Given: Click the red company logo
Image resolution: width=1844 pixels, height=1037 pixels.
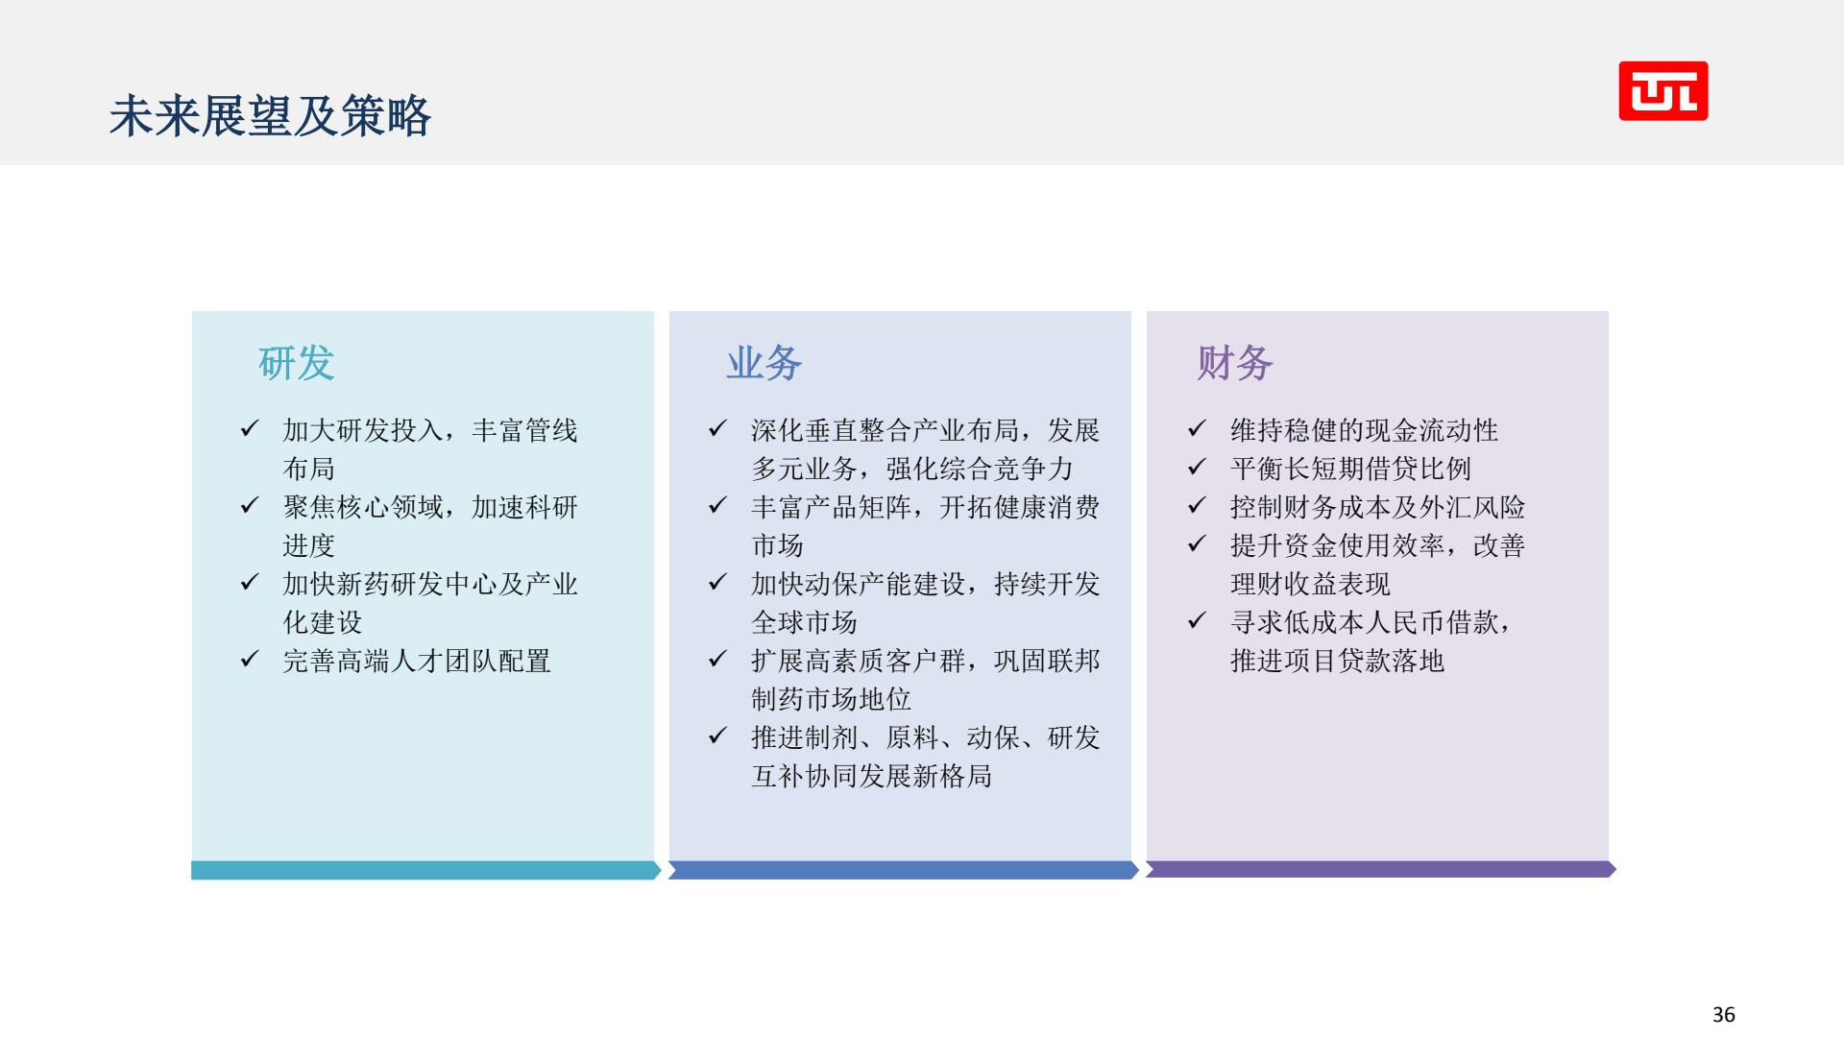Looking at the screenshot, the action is click(x=1663, y=91).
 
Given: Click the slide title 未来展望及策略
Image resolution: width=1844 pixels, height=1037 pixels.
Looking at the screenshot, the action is click(x=270, y=116).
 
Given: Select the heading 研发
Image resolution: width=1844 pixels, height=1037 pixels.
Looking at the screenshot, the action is click(x=296, y=363).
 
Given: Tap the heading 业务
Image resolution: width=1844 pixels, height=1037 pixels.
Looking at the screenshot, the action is click(x=764, y=363).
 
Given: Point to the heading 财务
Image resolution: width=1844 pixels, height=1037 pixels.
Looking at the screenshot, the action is click(x=1234, y=363).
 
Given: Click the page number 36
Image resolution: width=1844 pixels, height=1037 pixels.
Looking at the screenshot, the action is click(x=1724, y=1014).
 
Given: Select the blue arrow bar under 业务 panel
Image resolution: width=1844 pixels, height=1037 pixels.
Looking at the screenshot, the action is click(x=903, y=870).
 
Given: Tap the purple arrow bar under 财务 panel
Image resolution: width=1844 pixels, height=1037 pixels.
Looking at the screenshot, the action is click(x=1380, y=869).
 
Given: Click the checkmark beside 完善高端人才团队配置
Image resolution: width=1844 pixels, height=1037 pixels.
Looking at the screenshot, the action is click(x=250, y=659).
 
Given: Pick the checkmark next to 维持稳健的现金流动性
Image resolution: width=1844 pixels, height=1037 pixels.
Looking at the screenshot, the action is click(x=1197, y=428).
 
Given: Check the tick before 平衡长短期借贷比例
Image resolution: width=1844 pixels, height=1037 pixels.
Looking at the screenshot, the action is click(x=1197, y=467).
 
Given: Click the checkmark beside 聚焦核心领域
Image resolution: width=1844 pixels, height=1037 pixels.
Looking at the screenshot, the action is click(x=250, y=505).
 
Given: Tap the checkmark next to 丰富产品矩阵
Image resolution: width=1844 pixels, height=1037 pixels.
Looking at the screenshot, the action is click(x=717, y=505).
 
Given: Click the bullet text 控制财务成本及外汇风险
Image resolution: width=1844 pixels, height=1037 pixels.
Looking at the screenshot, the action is click(x=1377, y=507).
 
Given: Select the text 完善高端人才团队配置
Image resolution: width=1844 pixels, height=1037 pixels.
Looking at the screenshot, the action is click(x=417, y=661).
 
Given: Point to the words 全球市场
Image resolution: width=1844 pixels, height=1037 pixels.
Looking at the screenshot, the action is click(x=804, y=622).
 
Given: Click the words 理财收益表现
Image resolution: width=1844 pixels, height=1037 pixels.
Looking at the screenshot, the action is click(x=1310, y=584).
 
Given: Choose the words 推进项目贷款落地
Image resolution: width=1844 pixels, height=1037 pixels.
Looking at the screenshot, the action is click(x=1337, y=661).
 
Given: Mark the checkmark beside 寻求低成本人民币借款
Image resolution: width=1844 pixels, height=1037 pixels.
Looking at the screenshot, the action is click(x=1197, y=620).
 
